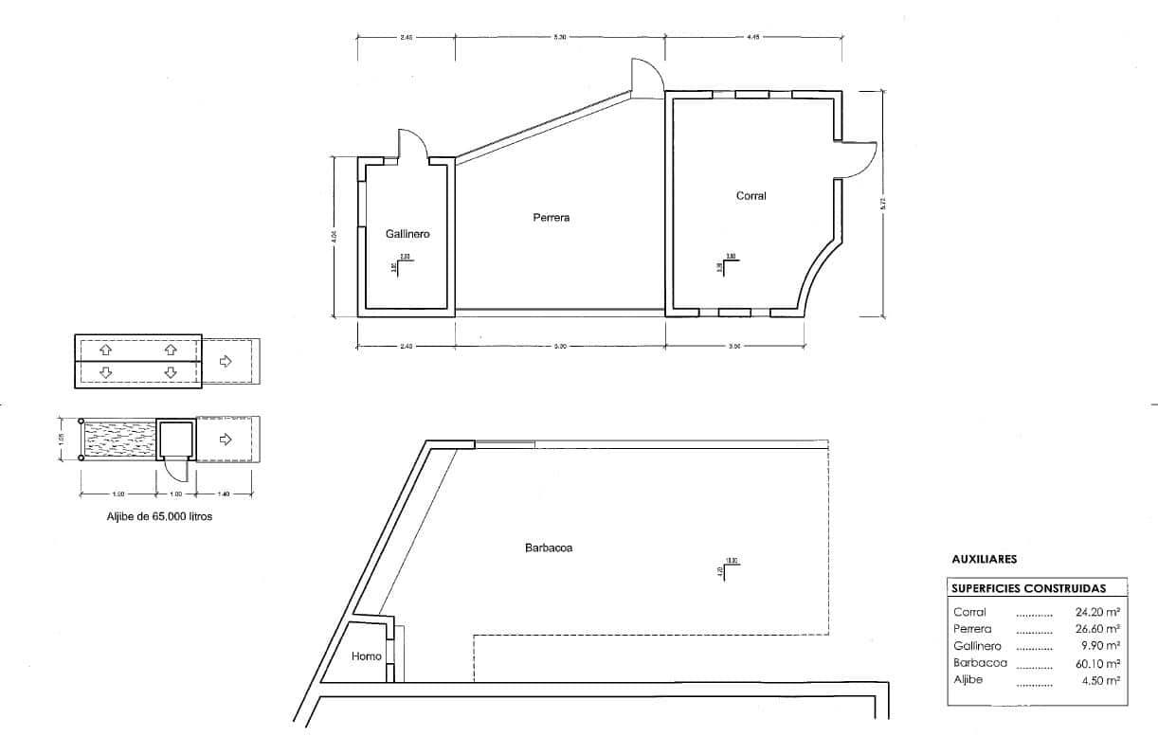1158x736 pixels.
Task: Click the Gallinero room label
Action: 407,234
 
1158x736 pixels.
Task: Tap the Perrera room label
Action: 551,218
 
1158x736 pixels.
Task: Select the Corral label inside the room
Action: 751,196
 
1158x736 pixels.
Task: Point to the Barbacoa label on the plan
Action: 549,548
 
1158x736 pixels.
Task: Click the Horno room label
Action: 366,656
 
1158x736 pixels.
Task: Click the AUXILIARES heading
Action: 984,560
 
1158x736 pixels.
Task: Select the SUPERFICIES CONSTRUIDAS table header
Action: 1028,588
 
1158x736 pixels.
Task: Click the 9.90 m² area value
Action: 1101,646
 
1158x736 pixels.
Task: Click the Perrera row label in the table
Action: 972,629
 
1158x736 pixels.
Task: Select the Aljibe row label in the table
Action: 968,680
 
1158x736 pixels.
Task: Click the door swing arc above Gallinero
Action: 415,142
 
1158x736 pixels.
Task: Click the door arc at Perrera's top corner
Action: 645,76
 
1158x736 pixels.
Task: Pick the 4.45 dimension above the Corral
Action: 754,37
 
